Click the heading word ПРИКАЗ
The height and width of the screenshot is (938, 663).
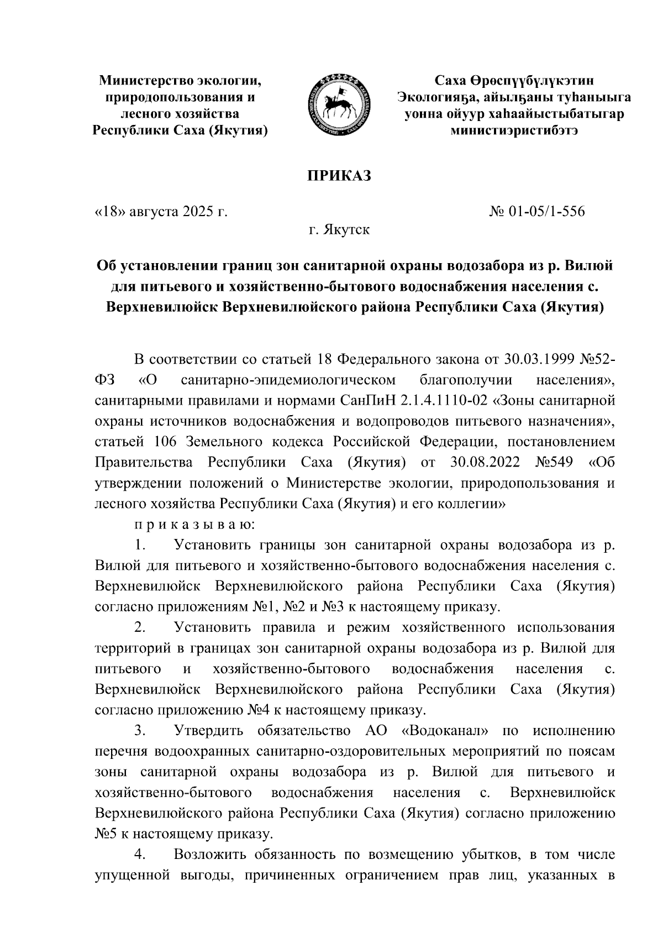pos(338,176)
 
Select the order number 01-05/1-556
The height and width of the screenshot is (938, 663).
pos(548,211)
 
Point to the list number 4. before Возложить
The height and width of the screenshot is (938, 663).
pos(140,855)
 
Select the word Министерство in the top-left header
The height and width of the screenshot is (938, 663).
pos(143,81)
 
